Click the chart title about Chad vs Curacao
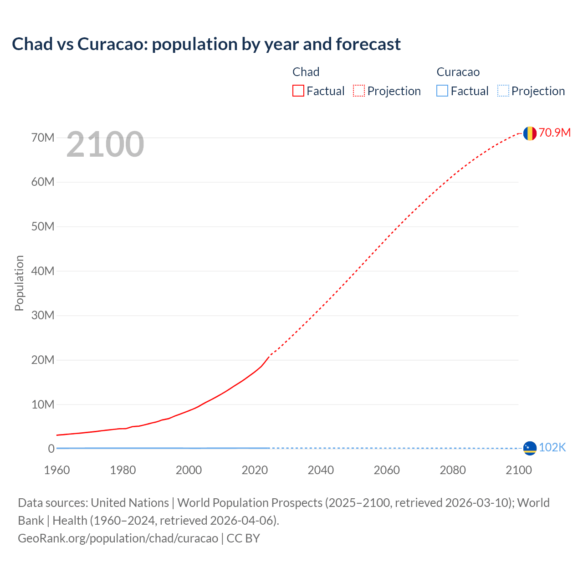click(206, 44)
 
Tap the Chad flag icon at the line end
click(529, 133)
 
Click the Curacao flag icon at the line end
click(529, 448)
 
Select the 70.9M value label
click(554, 133)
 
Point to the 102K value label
click(552, 448)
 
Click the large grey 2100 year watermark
click(105, 144)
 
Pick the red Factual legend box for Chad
click(298, 91)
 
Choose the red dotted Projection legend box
click(359, 91)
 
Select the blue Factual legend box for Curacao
click(442, 91)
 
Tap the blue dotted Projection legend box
click(503, 91)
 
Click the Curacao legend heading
click(458, 72)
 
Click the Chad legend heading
click(306, 72)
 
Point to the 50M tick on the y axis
click(43, 226)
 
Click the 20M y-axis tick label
click(43, 360)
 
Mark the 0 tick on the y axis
click(51, 449)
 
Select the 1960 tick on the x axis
click(57, 470)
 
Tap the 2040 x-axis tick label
click(321, 470)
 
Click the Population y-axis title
click(19, 283)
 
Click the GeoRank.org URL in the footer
click(118, 538)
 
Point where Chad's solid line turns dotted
click(270, 356)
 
